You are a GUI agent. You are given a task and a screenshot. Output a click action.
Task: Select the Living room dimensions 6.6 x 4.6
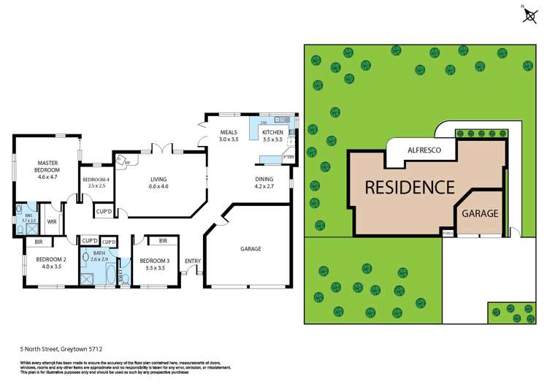(159, 187)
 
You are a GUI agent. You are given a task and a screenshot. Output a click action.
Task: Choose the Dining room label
(264, 179)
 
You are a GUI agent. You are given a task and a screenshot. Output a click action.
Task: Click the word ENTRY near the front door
(193, 261)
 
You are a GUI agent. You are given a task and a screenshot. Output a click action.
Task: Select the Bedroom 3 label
(154, 261)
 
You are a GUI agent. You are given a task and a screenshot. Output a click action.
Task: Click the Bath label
(98, 253)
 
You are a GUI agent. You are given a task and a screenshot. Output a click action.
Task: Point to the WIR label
(52, 221)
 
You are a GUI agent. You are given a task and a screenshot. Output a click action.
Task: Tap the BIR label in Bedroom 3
(164, 240)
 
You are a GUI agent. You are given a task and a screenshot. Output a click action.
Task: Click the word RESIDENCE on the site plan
(408, 187)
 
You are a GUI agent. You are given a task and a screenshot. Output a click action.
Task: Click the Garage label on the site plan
(479, 214)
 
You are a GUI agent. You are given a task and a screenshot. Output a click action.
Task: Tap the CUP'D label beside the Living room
(104, 212)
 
